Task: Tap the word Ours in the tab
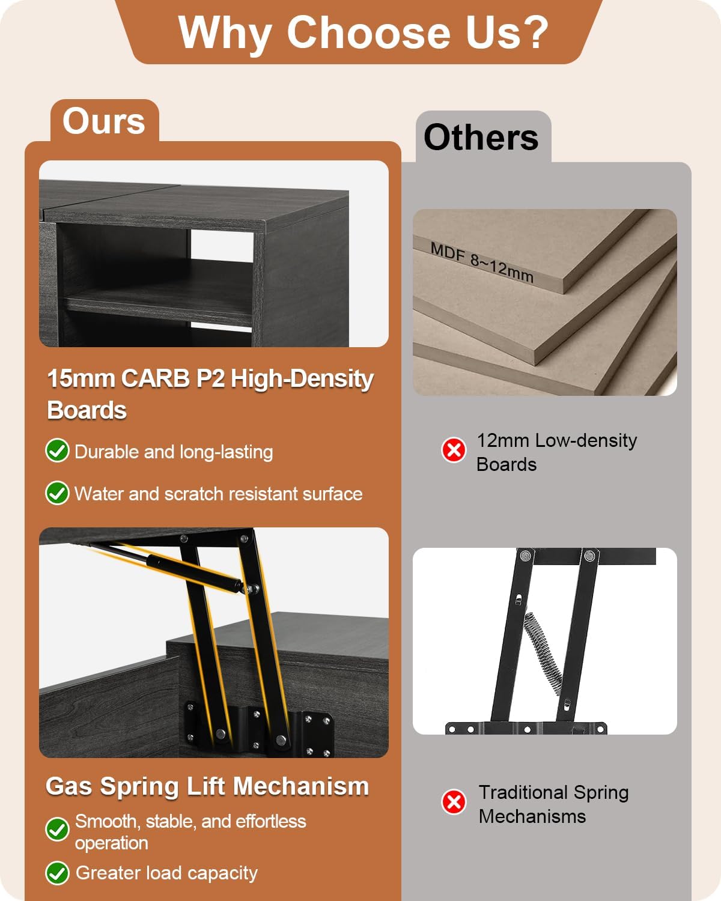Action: (103, 121)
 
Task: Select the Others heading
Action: (481, 138)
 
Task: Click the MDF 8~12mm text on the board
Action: (482, 263)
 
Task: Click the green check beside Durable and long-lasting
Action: (57, 450)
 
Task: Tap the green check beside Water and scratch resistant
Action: (57, 493)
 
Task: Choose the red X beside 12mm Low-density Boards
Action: (454, 450)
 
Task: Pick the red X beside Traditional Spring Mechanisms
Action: (454, 802)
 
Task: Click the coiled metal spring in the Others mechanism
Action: (543, 654)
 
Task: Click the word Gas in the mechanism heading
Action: (68, 786)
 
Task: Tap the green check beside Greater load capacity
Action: (57, 873)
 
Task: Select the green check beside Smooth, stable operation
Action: (57, 830)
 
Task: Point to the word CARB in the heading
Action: (156, 378)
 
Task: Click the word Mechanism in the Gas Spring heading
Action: (301, 786)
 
